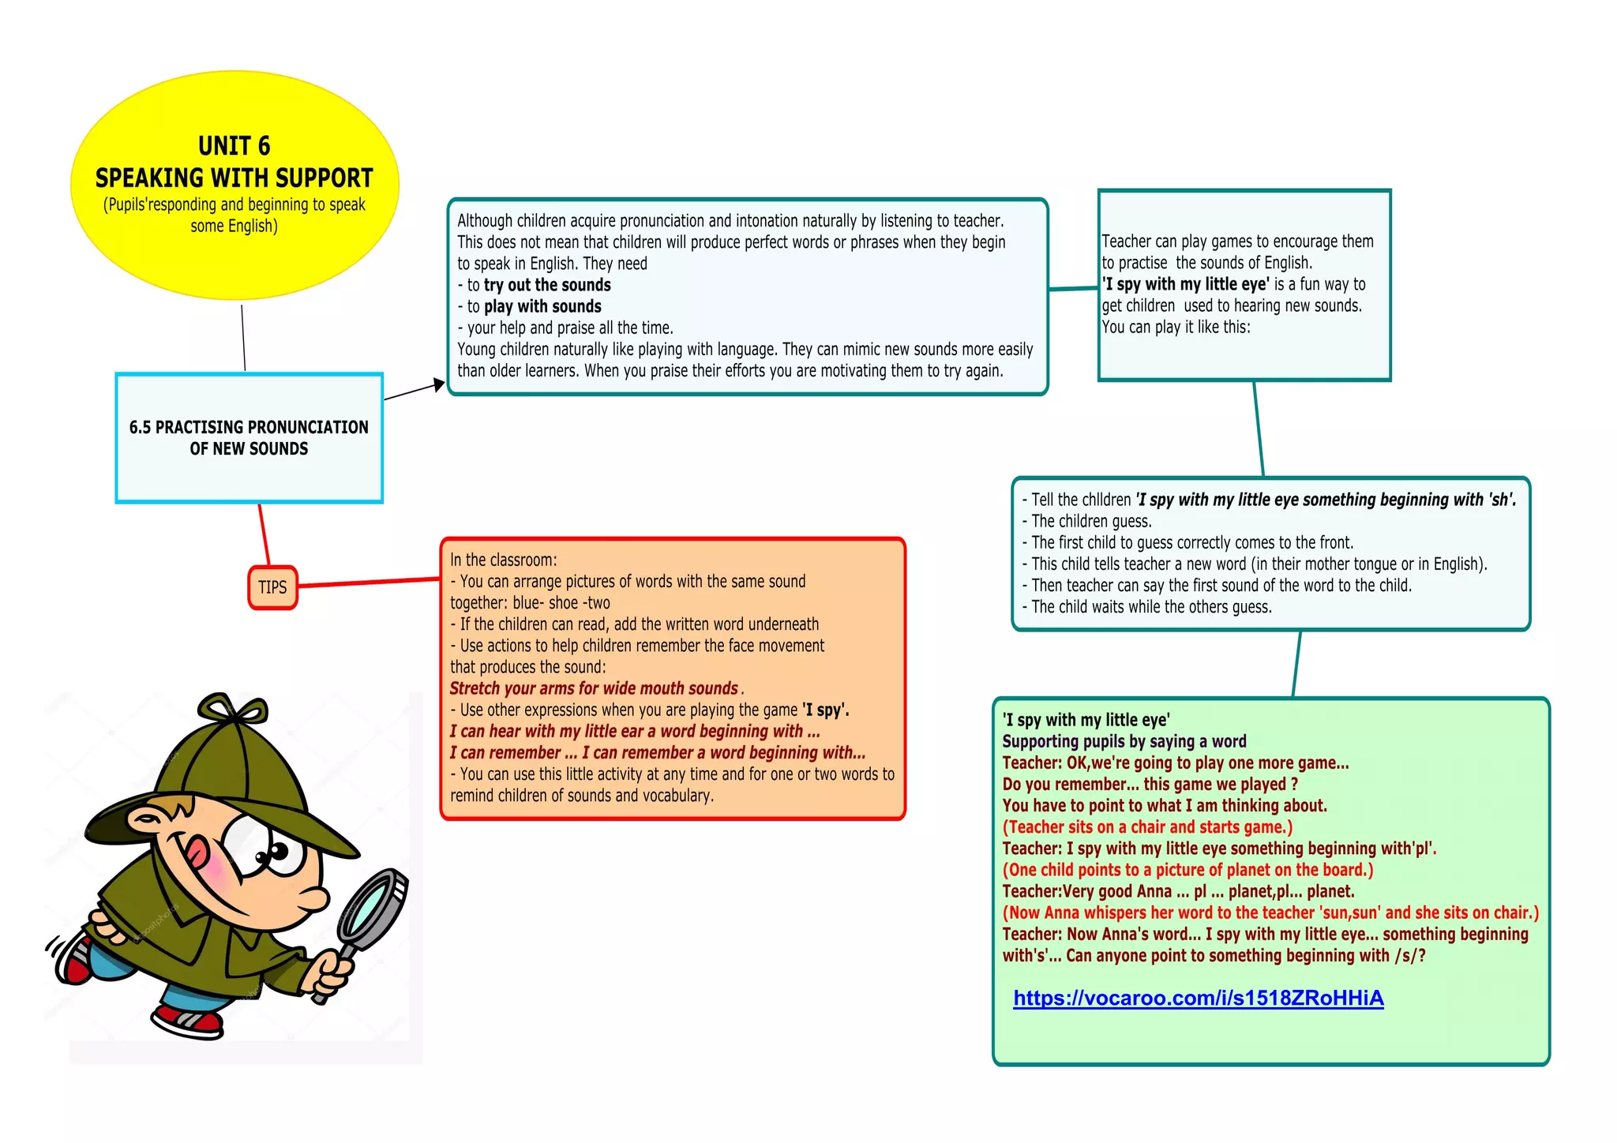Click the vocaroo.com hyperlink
pyautogui.click(x=1198, y=999)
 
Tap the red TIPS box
pyautogui.click(x=272, y=587)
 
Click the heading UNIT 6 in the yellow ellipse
pyautogui.click(x=234, y=146)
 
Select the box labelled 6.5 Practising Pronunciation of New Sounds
pyautogui.click(x=249, y=438)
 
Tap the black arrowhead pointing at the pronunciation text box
pyautogui.click(x=439, y=385)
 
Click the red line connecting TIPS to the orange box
pyautogui.click(x=369, y=583)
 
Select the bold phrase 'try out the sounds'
pyautogui.click(x=547, y=285)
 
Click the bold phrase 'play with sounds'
pyautogui.click(x=542, y=306)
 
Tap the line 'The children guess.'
pyautogui.click(x=1091, y=521)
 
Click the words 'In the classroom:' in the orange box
pyautogui.click(x=504, y=560)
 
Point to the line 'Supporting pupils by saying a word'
pyautogui.click(x=1124, y=741)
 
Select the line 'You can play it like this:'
pyautogui.click(x=1176, y=327)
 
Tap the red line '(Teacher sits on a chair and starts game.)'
pyautogui.click(x=1147, y=827)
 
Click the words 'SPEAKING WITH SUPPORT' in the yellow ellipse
pyautogui.click(x=234, y=178)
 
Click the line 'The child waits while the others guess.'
pyautogui.click(x=1151, y=607)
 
